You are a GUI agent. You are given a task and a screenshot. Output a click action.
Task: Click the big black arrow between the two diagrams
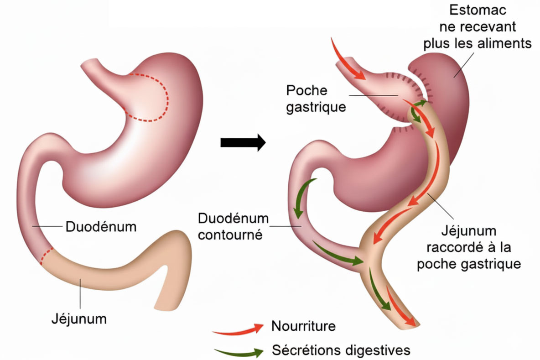242,142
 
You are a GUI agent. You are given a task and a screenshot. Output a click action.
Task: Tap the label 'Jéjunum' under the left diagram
78,318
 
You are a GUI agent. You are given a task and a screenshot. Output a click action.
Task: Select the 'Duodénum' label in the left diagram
101,226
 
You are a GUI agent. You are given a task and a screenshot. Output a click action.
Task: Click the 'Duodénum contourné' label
230,227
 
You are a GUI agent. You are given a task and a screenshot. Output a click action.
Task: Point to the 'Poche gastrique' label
316,99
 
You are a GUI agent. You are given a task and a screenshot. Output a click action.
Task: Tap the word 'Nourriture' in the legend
303,326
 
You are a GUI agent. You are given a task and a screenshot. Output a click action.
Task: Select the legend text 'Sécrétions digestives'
341,350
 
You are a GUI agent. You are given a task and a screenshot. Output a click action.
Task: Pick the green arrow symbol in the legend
238,352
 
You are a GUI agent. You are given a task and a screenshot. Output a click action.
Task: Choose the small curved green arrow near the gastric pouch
417,112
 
